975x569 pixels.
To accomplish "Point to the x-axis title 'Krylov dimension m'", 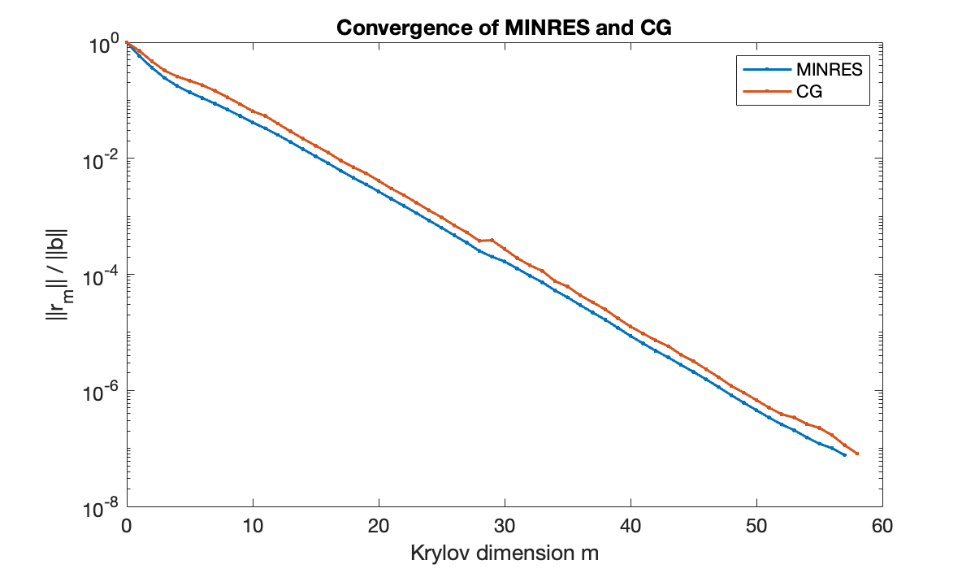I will (x=504, y=554).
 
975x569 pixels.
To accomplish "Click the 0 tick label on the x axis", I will (x=127, y=525).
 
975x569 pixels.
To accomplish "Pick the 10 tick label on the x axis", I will (x=253, y=525).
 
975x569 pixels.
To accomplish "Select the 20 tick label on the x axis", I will (x=379, y=525).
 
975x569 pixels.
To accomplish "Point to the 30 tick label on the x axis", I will (x=505, y=525).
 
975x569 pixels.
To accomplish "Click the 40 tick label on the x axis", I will (x=630, y=525).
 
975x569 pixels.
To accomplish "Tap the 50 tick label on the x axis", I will (x=756, y=525).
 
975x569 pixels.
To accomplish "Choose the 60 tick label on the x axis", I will (x=882, y=525).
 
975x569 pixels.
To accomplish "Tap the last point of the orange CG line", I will (x=857, y=454).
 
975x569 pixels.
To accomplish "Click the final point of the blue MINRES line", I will (x=845, y=454).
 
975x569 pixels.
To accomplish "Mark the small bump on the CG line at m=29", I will (x=492, y=240).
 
